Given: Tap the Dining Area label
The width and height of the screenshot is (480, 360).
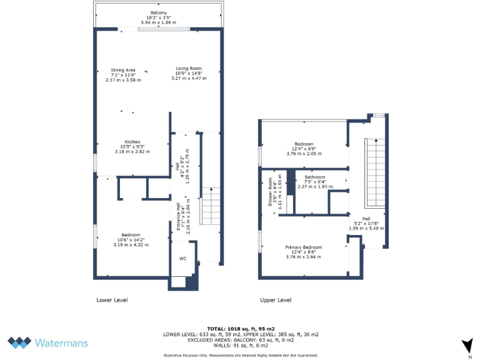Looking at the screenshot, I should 123,69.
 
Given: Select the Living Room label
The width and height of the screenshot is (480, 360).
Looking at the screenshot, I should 188,68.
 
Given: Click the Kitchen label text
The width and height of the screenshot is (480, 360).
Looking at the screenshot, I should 132,141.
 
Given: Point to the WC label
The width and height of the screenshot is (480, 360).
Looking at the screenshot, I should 183,258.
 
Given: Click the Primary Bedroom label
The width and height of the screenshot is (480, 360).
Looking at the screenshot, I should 303,247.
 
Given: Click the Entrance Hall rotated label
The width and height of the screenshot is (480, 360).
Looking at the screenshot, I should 178,217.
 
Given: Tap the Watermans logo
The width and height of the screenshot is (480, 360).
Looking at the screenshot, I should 48,342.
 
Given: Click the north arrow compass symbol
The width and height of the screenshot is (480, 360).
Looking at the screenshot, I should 466,345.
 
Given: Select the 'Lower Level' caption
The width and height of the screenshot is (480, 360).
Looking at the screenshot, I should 112,300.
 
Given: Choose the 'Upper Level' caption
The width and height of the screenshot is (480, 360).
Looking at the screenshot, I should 276,300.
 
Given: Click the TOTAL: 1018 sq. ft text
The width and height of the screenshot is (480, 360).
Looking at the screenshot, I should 241,328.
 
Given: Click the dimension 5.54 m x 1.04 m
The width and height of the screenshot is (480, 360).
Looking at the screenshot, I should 158,22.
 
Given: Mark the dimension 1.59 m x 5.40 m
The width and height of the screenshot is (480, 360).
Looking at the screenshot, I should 366,228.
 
